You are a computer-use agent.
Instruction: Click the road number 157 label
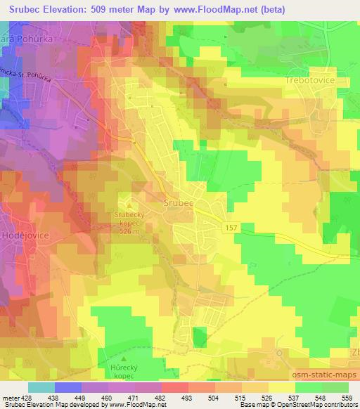pos(232,228)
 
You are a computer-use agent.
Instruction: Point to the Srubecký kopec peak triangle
pos(128,205)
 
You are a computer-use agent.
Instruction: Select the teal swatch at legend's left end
pos(41,387)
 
